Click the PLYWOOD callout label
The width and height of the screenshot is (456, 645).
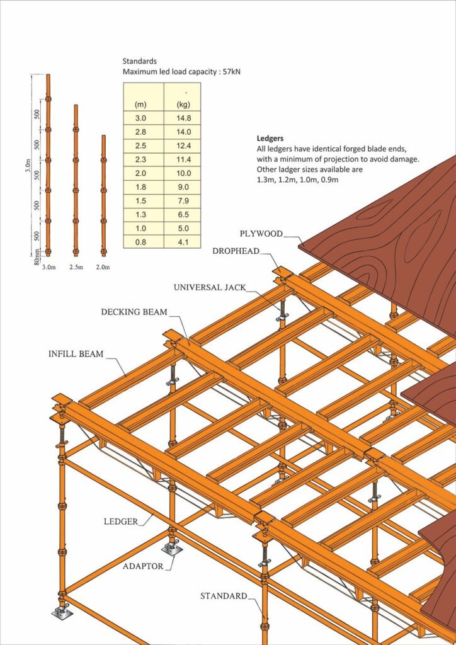click(x=261, y=234)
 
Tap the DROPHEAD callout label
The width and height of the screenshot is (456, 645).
click(x=236, y=251)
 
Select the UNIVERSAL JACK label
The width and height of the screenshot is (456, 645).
click(x=210, y=287)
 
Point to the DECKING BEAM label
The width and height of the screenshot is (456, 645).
click(x=134, y=312)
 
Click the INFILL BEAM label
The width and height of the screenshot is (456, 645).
click(x=76, y=353)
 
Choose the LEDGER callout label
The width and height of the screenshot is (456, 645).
click(x=120, y=522)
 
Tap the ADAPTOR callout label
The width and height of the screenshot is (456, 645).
click(x=143, y=566)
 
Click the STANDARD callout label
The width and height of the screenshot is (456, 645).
click(x=224, y=596)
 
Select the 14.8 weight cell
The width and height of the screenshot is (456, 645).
click(x=183, y=118)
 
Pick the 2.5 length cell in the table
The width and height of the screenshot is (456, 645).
click(x=140, y=146)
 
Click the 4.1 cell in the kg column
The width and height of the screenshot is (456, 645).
click(x=183, y=243)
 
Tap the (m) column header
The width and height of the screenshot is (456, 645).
click(x=140, y=105)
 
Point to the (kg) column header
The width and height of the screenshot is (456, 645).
click(x=183, y=105)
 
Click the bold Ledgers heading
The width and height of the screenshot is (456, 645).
click(x=270, y=138)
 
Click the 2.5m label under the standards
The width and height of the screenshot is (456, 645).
click(x=76, y=267)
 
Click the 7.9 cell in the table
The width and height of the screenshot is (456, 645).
click(x=183, y=201)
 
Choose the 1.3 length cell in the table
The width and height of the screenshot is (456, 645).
click(x=140, y=215)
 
